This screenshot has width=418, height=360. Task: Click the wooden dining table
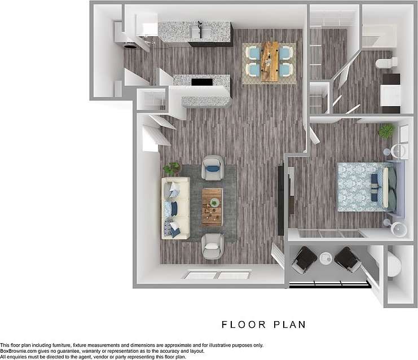(x=270, y=62)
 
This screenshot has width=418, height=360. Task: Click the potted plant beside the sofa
(x=171, y=168)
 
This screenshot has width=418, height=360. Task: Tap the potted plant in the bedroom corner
(x=386, y=131)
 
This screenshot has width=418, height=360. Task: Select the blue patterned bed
(x=365, y=187)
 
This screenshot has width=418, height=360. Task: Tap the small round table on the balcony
(x=326, y=258)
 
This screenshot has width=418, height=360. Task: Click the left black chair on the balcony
(x=304, y=259)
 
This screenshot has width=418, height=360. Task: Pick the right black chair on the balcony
(x=347, y=259)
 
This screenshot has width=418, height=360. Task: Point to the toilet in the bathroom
(x=388, y=62)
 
